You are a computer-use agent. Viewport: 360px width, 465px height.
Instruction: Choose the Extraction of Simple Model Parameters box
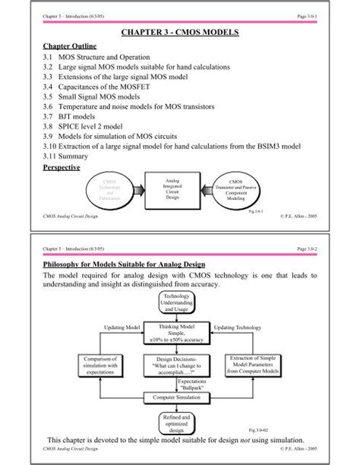(253, 365)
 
